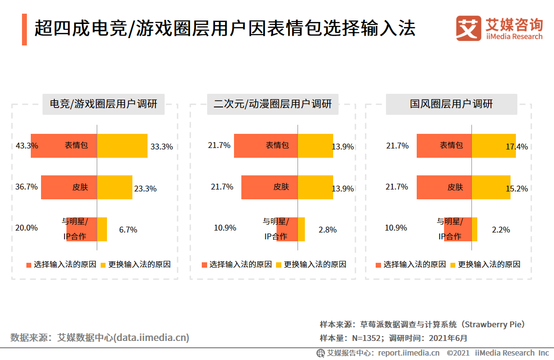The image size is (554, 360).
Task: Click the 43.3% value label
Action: (27, 146)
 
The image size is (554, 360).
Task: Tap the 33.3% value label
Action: (162, 146)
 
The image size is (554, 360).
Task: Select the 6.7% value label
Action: (128, 230)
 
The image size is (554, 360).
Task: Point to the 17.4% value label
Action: (516, 147)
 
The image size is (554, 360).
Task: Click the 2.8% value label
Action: (327, 230)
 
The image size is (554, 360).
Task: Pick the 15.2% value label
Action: (516, 189)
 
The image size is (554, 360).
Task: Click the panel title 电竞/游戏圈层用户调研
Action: (104, 104)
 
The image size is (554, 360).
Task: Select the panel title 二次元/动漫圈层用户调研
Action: (273, 104)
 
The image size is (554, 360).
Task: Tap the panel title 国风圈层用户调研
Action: (451, 104)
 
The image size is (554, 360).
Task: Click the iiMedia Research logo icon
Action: (469, 29)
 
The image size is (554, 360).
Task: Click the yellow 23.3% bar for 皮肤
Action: (115, 187)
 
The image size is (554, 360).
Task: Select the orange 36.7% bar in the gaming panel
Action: (69, 187)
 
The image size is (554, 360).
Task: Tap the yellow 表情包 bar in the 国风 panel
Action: (493, 146)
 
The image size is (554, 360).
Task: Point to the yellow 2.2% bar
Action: (474, 229)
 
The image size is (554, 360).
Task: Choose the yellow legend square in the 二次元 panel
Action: (279, 265)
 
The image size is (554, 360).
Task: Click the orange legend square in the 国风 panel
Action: (378, 265)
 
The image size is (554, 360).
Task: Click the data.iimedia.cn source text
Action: (151, 337)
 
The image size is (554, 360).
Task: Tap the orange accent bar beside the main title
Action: (24, 29)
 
